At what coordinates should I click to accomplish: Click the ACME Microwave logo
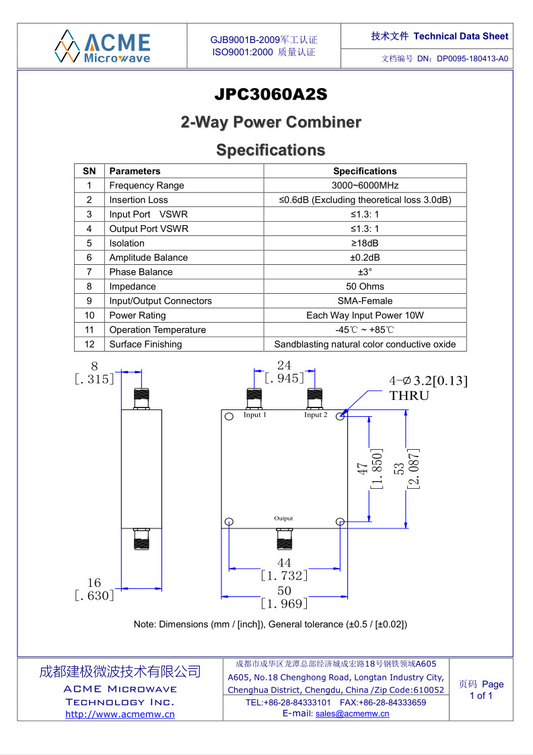pyautogui.click(x=102, y=46)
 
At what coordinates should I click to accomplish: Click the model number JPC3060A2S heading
pyautogui.click(x=271, y=94)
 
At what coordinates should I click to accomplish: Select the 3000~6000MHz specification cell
pyautogui.click(x=365, y=186)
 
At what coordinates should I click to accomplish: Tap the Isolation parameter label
pyautogui.click(x=127, y=243)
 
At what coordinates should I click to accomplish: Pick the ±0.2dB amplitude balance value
pyautogui.click(x=365, y=257)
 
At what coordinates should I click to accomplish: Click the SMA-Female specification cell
pyautogui.click(x=365, y=301)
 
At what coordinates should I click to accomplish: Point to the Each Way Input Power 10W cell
pyautogui.click(x=365, y=315)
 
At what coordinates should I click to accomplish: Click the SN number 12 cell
pyautogui.click(x=89, y=344)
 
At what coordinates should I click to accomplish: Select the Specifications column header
pyautogui.click(x=365, y=171)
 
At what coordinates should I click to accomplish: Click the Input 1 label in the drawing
pyautogui.click(x=254, y=415)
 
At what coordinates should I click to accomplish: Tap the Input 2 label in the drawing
pyautogui.click(x=316, y=415)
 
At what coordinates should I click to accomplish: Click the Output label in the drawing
pyautogui.click(x=283, y=518)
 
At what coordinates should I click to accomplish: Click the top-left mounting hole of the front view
pyautogui.click(x=229, y=417)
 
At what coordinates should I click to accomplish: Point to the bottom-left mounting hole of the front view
pyautogui.click(x=229, y=522)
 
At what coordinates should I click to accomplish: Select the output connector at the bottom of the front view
pyautogui.click(x=284, y=539)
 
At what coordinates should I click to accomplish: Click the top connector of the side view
pyautogui.click(x=141, y=399)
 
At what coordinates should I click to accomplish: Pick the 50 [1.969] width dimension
pyautogui.click(x=284, y=597)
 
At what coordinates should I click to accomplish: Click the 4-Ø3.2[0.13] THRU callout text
pyautogui.click(x=429, y=388)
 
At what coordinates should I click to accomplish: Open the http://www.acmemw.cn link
pyautogui.click(x=120, y=715)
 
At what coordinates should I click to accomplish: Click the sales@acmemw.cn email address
pyautogui.click(x=352, y=713)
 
